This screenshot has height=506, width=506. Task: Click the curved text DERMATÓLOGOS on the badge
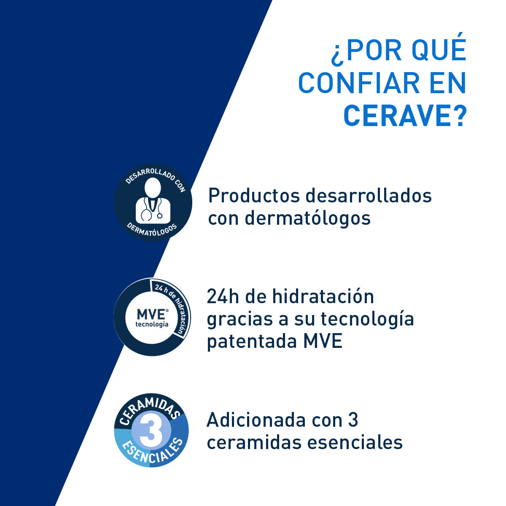tap(152, 233)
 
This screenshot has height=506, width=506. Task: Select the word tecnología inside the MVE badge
tap(152, 324)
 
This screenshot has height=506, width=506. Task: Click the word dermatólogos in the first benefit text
tap(307, 218)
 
